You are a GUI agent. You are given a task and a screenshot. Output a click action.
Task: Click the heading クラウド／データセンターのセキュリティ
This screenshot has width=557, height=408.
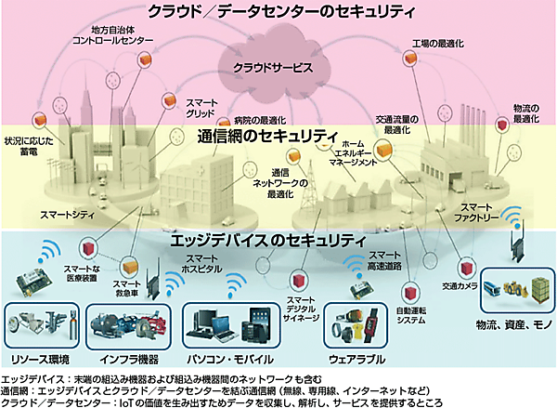(278, 14)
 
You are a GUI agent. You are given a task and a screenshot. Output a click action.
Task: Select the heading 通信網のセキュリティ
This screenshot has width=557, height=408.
(265, 137)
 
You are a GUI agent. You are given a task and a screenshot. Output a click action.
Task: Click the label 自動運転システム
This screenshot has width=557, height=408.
(410, 315)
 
